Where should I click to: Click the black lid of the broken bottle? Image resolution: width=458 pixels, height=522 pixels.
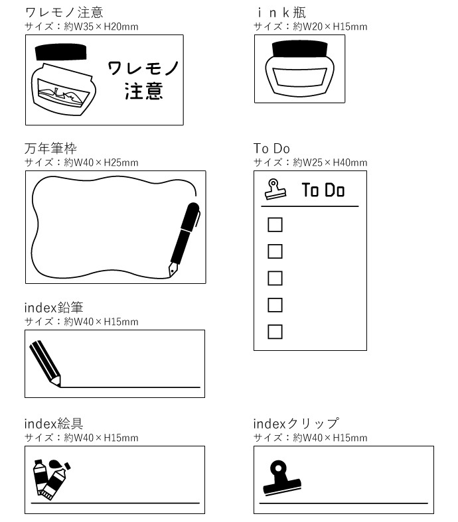pyautogui.click(x=60, y=52)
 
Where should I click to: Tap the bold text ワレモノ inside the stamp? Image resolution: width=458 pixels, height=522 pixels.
pyautogui.click(x=143, y=68)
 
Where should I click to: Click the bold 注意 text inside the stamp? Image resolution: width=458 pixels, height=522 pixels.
pyautogui.click(x=144, y=91)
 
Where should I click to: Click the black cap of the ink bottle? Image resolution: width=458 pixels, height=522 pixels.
pyautogui.click(x=299, y=49)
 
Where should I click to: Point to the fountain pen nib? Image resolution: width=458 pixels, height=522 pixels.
pyautogui.click(x=173, y=269)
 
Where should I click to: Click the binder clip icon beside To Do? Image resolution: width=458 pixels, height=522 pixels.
pyautogui.click(x=275, y=189)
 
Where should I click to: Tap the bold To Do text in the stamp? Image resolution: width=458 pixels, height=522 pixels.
pyautogui.click(x=323, y=190)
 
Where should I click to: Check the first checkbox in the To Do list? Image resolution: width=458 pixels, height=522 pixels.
pyautogui.click(x=275, y=225)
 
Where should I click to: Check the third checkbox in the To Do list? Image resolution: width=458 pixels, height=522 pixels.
pyautogui.click(x=275, y=279)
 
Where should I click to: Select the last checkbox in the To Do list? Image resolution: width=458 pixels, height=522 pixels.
pyautogui.click(x=275, y=332)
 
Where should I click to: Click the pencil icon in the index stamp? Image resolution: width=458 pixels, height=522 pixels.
pyautogui.click(x=45, y=363)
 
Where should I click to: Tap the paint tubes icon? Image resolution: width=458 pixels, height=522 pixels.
pyautogui.click(x=52, y=480)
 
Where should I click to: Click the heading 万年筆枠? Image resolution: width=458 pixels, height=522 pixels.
pyautogui.click(x=50, y=149)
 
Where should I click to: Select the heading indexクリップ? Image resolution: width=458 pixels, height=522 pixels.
pyautogui.click(x=296, y=423)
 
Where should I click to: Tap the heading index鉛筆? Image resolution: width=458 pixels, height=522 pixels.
pyautogui.click(x=54, y=308)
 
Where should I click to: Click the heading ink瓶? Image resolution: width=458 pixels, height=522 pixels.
pyautogui.click(x=281, y=13)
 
